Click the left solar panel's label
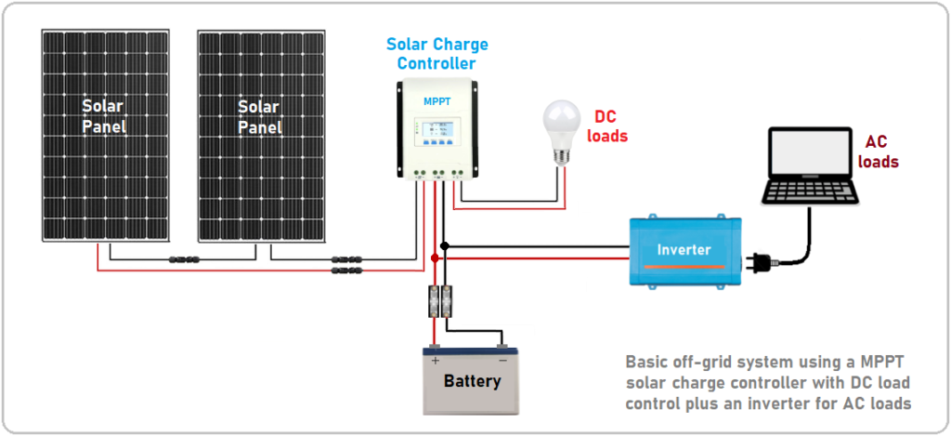click(x=104, y=116)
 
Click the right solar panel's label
click(x=259, y=116)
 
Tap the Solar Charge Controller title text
click(x=436, y=54)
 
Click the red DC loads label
click(x=607, y=126)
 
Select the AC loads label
click(x=881, y=152)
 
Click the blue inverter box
click(x=684, y=249)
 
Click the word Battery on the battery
click(x=472, y=381)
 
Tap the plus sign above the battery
click(x=435, y=360)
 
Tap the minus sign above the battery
click(x=502, y=360)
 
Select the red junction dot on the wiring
click(x=435, y=258)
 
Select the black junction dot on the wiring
click(x=446, y=246)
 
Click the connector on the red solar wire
click(x=345, y=271)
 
